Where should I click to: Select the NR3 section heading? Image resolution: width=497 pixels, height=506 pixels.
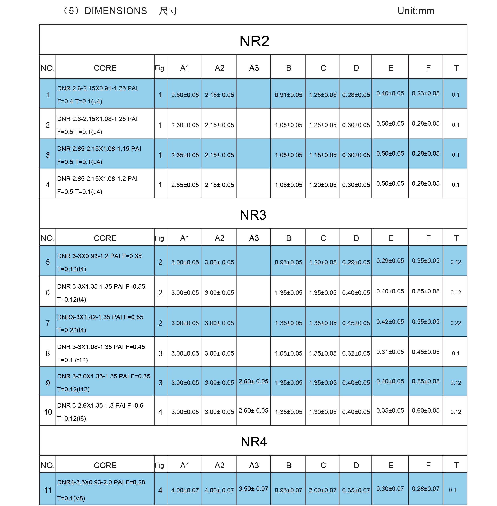[253, 215]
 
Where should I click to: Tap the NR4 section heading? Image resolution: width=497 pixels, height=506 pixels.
[254, 442]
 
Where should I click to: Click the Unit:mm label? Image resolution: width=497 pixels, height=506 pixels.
[416, 11]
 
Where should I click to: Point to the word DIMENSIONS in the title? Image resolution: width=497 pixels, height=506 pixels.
[116, 11]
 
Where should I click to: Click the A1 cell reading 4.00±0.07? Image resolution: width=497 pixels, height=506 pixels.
[185, 490]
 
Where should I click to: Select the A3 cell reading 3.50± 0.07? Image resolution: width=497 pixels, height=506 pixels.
[253, 489]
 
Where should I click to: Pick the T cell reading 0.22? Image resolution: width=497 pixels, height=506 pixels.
[456, 323]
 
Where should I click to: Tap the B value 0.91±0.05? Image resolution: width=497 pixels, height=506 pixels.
[288, 95]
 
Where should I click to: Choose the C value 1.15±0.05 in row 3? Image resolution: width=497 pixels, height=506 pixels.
[323, 155]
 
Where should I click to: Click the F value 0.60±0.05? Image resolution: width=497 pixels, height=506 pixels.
[425, 410]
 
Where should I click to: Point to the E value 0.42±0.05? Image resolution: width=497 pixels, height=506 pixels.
[390, 322]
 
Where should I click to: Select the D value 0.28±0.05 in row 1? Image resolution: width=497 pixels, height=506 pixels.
[356, 95]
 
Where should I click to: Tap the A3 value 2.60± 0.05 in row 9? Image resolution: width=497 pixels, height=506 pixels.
[253, 381]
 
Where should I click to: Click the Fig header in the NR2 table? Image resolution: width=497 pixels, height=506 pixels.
[159, 68]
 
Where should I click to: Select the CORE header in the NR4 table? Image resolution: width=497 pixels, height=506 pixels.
[105, 465]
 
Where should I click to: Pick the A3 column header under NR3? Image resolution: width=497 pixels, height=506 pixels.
[254, 238]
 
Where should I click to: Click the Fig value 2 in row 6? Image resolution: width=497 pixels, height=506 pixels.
[160, 293]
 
